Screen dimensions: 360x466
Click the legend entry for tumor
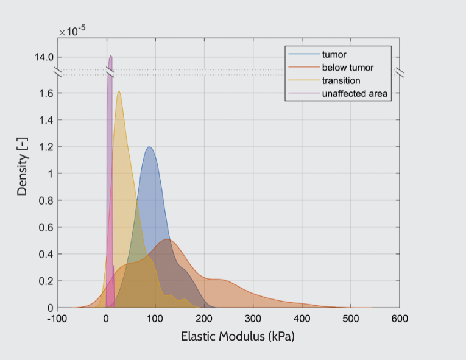pyautogui.click(x=334, y=55)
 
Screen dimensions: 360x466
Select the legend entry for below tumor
pyautogui.click(x=347, y=68)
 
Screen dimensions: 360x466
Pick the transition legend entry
pyautogui.click(x=341, y=80)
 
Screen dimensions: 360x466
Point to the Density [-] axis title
pyautogui.click(x=23, y=172)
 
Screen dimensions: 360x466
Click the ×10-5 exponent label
pyautogui.click(x=72, y=31)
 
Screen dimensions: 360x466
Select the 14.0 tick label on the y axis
pyautogui.click(x=44, y=57)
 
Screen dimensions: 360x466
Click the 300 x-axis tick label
pyautogui.click(x=253, y=319)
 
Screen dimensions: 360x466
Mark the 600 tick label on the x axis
pyautogui.click(x=400, y=319)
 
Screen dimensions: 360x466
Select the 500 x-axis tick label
pyautogui.click(x=351, y=319)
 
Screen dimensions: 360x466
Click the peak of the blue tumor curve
pyautogui.click(x=149, y=147)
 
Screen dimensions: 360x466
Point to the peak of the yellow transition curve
pyautogui.click(x=119, y=91)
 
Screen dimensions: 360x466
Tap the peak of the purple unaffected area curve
pyautogui.click(x=111, y=56)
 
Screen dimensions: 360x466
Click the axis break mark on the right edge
pyautogui.click(x=400, y=72)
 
